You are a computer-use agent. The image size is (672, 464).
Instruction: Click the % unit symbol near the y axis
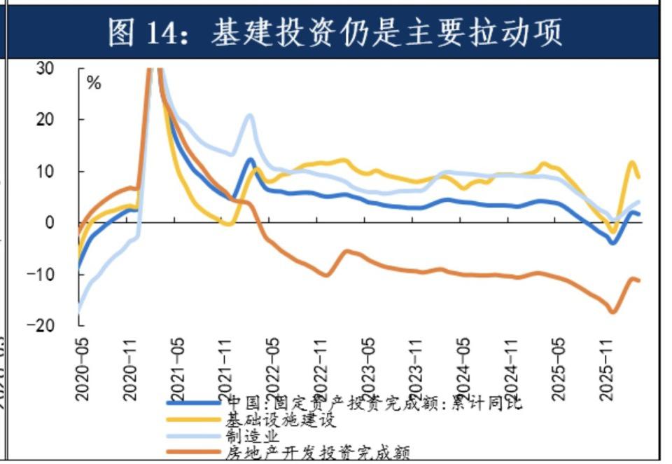[94, 83]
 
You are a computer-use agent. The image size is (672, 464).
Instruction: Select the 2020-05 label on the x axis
[83, 367]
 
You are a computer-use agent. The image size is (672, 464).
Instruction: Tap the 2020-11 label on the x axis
[130, 367]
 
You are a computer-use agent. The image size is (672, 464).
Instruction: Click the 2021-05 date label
[178, 367]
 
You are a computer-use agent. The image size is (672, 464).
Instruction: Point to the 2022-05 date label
[273, 367]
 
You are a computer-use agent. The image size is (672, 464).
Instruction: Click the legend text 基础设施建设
[280, 421]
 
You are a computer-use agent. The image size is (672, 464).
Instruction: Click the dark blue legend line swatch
[194, 403]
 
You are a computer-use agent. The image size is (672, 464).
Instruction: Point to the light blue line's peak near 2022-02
[249, 115]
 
